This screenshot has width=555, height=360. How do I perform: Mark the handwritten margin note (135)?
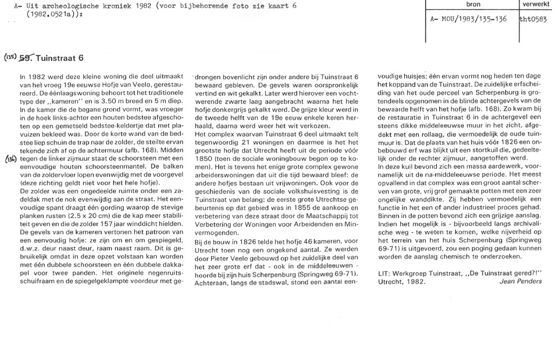(11, 57)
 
